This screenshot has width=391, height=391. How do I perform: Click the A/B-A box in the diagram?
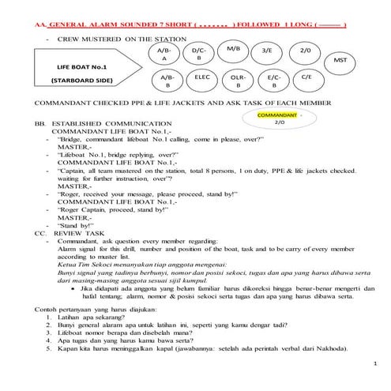165,55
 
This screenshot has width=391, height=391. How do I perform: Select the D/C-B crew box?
199,55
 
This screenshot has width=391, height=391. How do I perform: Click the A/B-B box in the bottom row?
166,83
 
